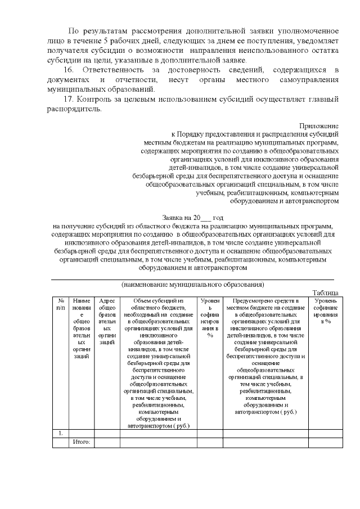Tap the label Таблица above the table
pyautogui.click(x=325, y=292)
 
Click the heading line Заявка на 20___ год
pyautogui.click(x=193, y=217)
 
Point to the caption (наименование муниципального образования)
pyautogui.click(x=193, y=284)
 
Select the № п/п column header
pyautogui.click(x=61, y=304)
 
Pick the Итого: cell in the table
pyautogui.click(x=82, y=443)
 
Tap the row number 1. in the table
pyautogui.click(x=60, y=433)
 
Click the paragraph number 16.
pyautogui.click(x=69, y=69)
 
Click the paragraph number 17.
pyautogui.click(x=69, y=100)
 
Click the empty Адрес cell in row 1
pyautogui.click(x=106, y=433)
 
